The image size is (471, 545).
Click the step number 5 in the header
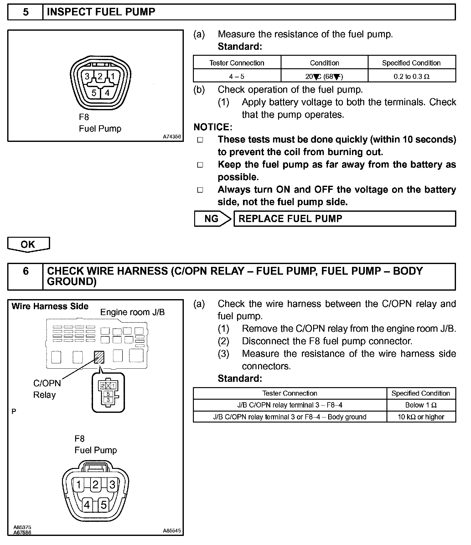tap(25, 12)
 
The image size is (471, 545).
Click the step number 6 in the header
tap(25, 271)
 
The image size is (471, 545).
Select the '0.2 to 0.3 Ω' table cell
tap(411, 76)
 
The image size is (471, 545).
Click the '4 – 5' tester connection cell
tap(237, 76)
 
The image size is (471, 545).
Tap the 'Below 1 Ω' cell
tap(421, 405)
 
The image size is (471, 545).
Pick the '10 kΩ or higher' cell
tap(421, 417)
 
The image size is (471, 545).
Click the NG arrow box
tap(212, 219)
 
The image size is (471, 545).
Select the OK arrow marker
tap(28, 244)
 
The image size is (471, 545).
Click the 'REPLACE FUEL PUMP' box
tap(344, 219)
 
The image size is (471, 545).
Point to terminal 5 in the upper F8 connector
tap(94, 93)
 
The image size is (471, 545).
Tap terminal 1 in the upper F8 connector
tap(113, 76)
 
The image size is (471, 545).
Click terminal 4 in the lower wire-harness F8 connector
tap(87, 505)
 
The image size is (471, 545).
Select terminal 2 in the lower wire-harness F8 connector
tap(96, 485)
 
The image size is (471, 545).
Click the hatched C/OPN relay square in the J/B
tap(99, 357)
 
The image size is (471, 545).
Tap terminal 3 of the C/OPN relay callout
tap(108, 400)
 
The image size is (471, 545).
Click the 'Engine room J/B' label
tap(132, 312)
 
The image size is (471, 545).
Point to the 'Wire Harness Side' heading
tap(50, 306)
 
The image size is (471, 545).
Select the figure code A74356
tap(172, 137)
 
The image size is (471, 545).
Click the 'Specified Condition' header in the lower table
tap(421, 393)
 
